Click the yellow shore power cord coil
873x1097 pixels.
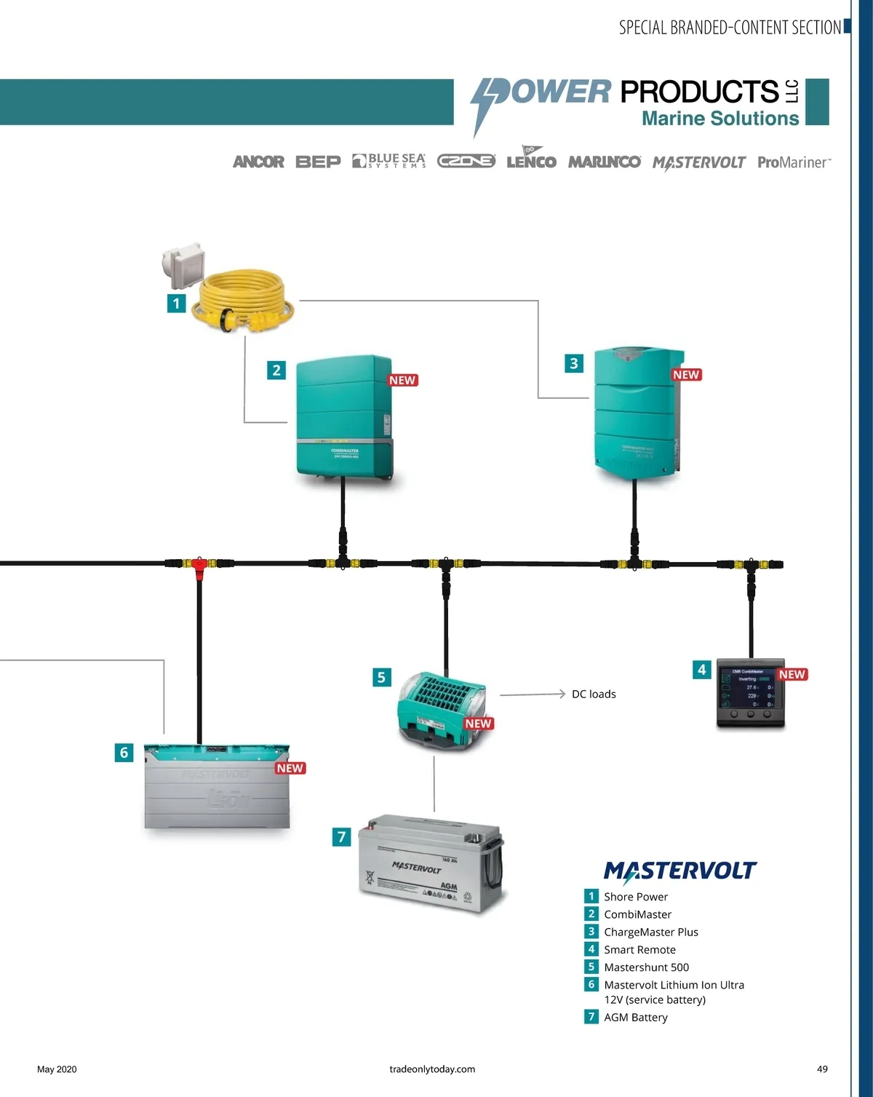pyautogui.click(x=244, y=301)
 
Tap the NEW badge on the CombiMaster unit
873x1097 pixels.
pyautogui.click(x=402, y=380)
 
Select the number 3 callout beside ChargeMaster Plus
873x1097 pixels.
pyautogui.click(x=574, y=363)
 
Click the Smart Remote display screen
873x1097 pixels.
pyautogui.click(x=750, y=690)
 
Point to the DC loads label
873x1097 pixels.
pyautogui.click(x=594, y=694)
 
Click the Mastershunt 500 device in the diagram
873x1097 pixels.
pyautogui.click(x=441, y=710)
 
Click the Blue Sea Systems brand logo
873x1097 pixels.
pyautogui.click(x=389, y=161)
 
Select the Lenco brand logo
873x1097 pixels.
pyautogui.click(x=531, y=159)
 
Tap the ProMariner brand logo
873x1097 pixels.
pyautogui.click(x=794, y=162)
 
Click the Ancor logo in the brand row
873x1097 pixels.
pyautogui.click(x=258, y=162)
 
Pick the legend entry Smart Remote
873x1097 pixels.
pyautogui.click(x=639, y=950)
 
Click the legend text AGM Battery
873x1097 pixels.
pyautogui.click(x=635, y=1018)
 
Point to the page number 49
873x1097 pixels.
pyautogui.click(x=822, y=1069)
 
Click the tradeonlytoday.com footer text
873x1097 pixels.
pyautogui.click(x=432, y=1069)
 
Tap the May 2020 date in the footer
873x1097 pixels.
pyautogui.click(x=57, y=1069)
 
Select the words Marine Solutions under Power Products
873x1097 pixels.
pyautogui.click(x=719, y=119)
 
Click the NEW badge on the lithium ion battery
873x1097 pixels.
pyautogui.click(x=290, y=768)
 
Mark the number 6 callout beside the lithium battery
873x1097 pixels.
pyautogui.click(x=124, y=753)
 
